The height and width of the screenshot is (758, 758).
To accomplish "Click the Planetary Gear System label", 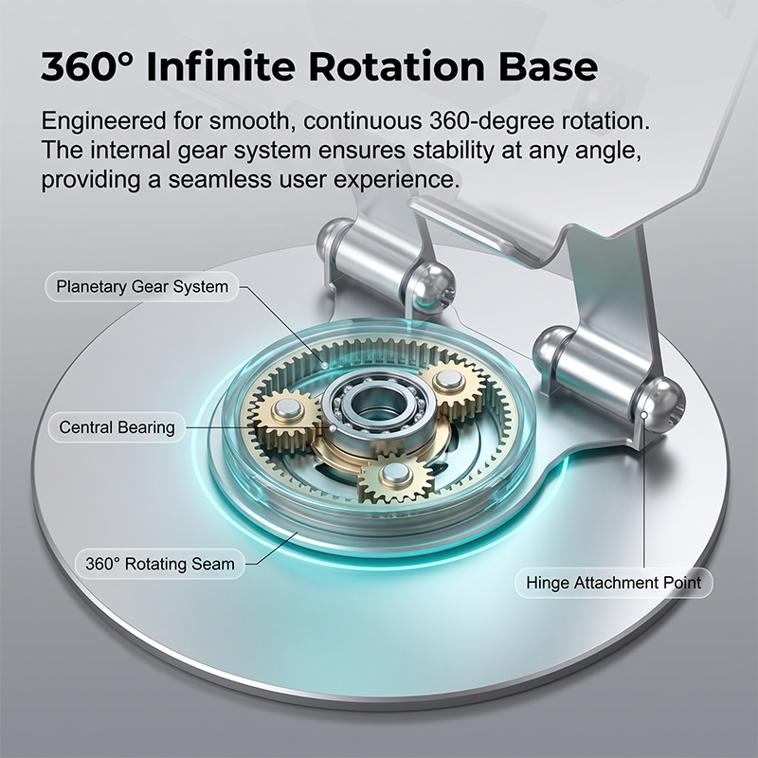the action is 142,287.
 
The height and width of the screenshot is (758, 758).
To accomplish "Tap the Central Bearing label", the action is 117,427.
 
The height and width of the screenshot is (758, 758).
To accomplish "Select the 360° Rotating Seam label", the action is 160,564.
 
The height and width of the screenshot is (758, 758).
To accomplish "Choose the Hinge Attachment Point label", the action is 613,583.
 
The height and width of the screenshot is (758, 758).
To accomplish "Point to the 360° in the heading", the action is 86,66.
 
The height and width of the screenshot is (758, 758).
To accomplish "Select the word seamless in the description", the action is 220,179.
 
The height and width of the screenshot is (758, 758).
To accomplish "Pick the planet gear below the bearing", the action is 395,477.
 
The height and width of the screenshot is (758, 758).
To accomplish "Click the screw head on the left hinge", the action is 432,287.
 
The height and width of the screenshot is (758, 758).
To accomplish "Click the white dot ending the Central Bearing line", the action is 332,427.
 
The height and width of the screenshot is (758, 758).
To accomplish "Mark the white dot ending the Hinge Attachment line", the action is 644,415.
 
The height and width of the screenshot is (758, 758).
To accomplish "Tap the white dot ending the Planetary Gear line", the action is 324,364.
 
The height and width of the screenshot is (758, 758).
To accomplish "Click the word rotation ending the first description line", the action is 605,121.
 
